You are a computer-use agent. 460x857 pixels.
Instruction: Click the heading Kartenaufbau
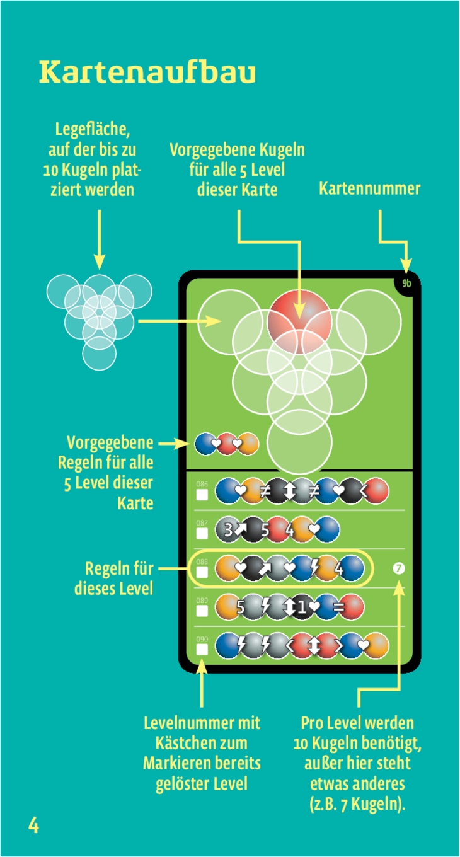click(147, 72)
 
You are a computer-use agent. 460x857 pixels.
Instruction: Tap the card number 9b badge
click(406, 284)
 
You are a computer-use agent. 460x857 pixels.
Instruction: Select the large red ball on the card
click(299, 321)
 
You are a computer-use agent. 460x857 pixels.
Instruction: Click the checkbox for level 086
click(202, 495)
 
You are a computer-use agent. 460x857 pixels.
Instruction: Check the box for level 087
click(202, 534)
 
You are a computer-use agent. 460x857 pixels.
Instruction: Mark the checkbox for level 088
click(202, 572)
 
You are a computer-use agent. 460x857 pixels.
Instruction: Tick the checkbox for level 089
click(202, 611)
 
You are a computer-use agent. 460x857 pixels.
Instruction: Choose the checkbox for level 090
click(202, 649)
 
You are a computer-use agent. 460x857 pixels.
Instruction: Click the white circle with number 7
click(398, 569)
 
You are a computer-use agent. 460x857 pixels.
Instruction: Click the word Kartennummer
click(369, 188)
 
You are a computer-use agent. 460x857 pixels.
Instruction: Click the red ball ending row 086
click(376, 492)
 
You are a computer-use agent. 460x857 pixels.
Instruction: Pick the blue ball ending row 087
click(328, 530)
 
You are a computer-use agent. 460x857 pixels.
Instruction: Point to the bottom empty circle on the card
click(299, 441)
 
